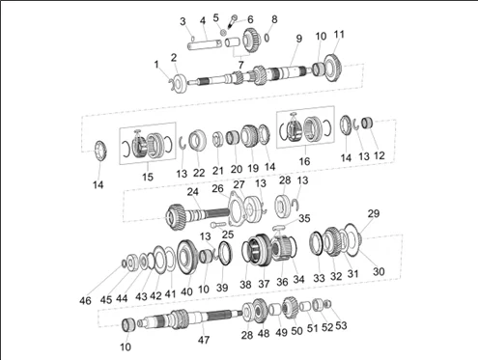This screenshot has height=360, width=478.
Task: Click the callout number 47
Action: [x=204, y=340]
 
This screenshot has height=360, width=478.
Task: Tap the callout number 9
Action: [x=299, y=39]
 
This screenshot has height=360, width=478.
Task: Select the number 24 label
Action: [x=193, y=192]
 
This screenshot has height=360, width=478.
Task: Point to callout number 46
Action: [x=85, y=301]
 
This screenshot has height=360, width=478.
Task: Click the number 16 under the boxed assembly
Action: [x=304, y=161]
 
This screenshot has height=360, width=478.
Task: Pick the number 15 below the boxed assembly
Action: [x=148, y=177]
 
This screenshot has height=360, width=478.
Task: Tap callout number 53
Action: [x=341, y=325]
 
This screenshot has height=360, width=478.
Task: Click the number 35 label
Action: [x=304, y=218]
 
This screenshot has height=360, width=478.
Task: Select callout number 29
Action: [x=374, y=213]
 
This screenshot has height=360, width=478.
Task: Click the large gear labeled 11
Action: [x=333, y=69]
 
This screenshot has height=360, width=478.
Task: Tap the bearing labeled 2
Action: [x=180, y=84]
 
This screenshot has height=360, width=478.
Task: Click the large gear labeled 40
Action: [x=187, y=257]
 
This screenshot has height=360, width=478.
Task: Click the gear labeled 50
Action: [x=291, y=308]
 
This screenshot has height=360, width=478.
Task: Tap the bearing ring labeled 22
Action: [x=197, y=140]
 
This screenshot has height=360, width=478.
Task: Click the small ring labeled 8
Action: [x=267, y=38]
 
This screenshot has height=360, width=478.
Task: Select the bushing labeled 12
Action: [x=367, y=124]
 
